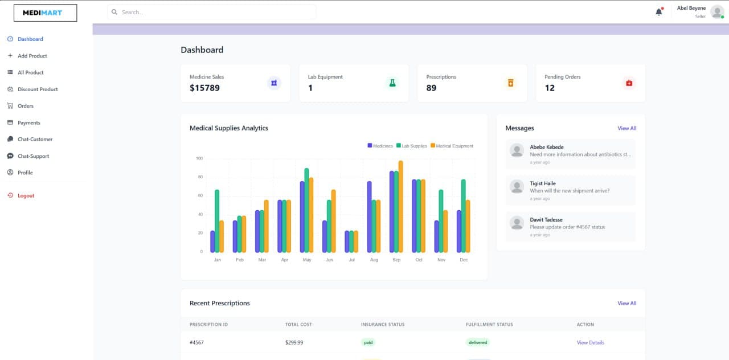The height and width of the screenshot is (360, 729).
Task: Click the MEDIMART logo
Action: click(45, 13)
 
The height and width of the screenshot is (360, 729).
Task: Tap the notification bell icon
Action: click(659, 12)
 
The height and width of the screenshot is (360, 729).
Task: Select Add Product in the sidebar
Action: click(32, 56)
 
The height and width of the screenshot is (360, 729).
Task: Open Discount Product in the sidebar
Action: click(38, 89)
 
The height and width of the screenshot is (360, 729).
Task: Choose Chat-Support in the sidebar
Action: click(33, 156)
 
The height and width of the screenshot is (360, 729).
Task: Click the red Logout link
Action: click(26, 195)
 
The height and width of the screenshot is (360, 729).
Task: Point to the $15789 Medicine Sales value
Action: click(204, 88)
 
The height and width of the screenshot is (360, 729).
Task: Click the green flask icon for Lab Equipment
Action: click(392, 83)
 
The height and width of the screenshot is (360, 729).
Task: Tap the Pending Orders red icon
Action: click(629, 83)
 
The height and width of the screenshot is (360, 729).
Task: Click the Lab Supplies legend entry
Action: click(411, 146)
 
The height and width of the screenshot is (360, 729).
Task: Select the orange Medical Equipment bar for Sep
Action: click(400, 207)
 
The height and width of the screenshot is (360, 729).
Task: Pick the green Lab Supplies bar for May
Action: click(306, 210)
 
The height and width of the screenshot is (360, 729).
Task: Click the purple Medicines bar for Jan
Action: click(212, 242)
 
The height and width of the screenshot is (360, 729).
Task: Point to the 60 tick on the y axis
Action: click(200, 195)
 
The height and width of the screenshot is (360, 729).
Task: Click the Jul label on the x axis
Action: click(351, 260)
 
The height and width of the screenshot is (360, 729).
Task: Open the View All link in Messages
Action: click(626, 128)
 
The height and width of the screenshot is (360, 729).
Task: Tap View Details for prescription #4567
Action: click(590, 342)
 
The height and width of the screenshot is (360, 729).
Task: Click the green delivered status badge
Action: click(477, 342)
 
